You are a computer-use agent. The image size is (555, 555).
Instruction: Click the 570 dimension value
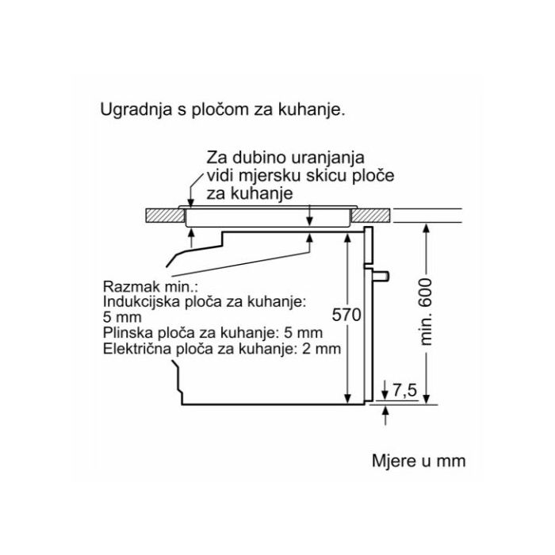click(346, 315)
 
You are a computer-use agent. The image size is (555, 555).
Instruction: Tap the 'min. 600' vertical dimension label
click(426, 312)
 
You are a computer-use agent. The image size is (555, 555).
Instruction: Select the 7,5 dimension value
click(405, 390)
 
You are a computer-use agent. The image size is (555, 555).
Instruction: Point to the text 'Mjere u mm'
click(419, 461)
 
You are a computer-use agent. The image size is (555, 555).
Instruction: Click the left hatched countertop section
click(165, 216)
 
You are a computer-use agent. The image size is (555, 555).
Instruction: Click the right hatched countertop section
click(370, 216)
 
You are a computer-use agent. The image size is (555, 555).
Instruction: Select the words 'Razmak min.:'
click(150, 286)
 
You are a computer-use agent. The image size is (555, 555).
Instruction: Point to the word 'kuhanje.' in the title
click(311, 110)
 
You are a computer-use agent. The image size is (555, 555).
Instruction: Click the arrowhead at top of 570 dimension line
click(347, 239)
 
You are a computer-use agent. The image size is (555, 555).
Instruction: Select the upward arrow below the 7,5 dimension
click(385, 415)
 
